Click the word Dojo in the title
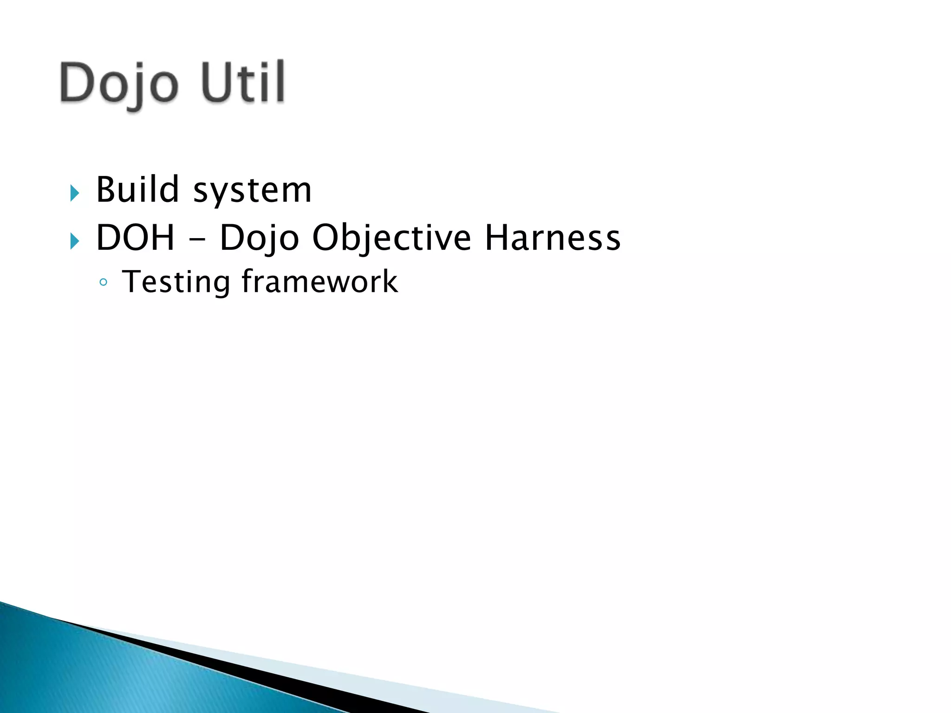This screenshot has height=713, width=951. pyautogui.click(x=119, y=84)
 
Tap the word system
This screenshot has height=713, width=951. pyautogui.click(x=252, y=191)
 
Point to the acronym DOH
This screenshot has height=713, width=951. pyautogui.click(x=135, y=237)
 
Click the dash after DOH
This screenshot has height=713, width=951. pyautogui.click(x=196, y=240)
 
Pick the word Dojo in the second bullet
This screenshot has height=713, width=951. pyautogui.click(x=259, y=238)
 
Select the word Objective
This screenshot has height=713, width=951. pyautogui.click(x=391, y=238)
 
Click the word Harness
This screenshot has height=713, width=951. pyautogui.click(x=552, y=237)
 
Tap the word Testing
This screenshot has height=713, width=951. pyautogui.click(x=176, y=282)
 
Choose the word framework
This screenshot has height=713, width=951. pyautogui.click(x=319, y=281)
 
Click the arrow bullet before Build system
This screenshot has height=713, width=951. pyautogui.click(x=74, y=193)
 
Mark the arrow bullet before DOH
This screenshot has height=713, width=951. pyautogui.click(x=74, y=241)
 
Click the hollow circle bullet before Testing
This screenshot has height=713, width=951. pyautogui.click(x=103, y=282)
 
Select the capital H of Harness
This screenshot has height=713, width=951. pyautogui.click(x=495, y=237)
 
